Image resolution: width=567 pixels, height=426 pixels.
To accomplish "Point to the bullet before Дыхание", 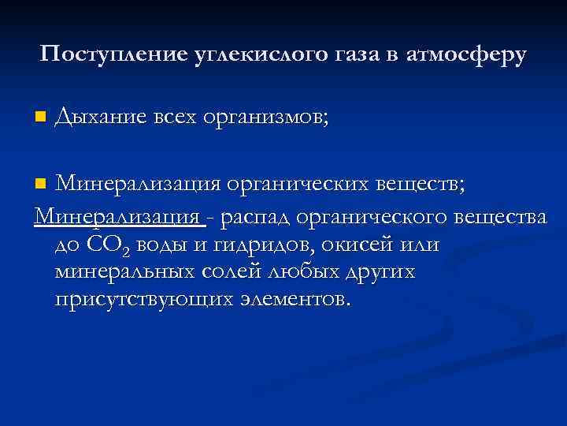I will click(40, 118).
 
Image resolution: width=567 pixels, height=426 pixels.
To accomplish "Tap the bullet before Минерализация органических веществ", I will click(40, 185).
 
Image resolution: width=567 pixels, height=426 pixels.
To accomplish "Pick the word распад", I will click(258, 216).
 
